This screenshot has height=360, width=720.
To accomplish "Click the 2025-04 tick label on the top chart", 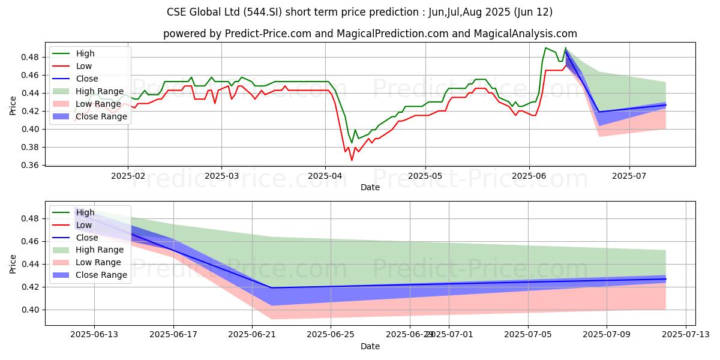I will click(325, 176).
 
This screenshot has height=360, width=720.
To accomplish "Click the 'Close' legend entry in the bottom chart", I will click(87, 238).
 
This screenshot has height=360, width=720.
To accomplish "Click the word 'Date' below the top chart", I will click(370, 187).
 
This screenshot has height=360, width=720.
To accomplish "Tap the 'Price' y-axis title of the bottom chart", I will click(14, 263).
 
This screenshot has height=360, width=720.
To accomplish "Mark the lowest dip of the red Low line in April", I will click(352, 160).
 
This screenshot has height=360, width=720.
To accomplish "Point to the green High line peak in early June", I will click(545, 48).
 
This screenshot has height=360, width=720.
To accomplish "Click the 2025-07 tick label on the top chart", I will click(629, 176).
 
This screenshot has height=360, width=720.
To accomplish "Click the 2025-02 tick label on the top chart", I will click(127, 176).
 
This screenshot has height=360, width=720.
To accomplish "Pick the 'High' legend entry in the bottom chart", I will click(85, 212).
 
